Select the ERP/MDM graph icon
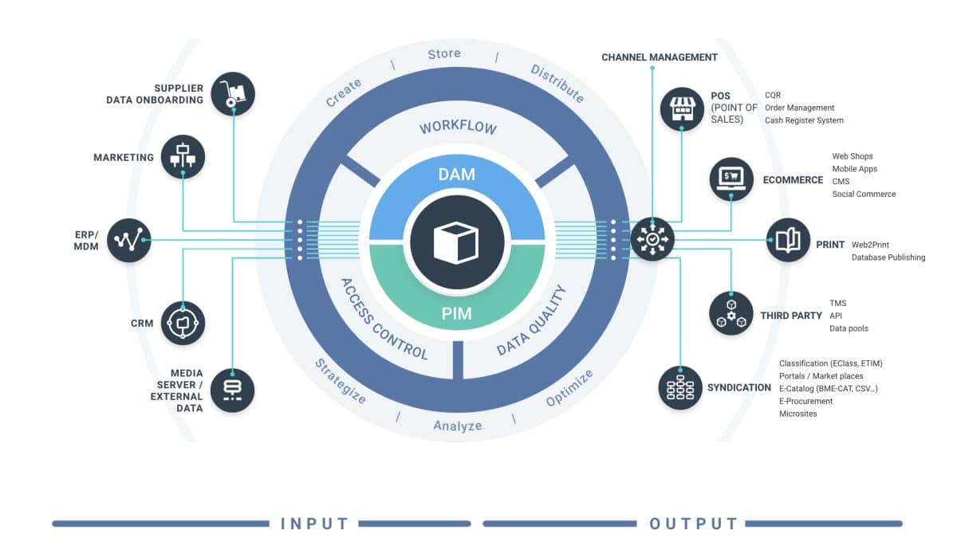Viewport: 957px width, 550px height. point(128,240)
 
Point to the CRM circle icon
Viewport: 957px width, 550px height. point(183,323)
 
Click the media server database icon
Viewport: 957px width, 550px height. point(232,390)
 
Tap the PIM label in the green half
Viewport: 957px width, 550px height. point(456,313)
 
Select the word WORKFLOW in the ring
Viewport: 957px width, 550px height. point(458,128)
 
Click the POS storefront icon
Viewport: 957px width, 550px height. point(682,108)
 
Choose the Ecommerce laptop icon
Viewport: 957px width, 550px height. point(731,178)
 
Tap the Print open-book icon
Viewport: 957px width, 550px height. point(788,240)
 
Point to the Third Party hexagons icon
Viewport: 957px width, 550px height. point(731,312)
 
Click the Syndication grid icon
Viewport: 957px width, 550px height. point(680,387)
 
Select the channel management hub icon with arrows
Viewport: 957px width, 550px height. point(652,239)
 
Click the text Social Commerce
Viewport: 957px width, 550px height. point(864,194)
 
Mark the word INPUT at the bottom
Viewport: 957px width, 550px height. point(315,524)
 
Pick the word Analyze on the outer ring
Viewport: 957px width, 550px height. point(457,426)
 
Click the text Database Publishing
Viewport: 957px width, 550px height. point(888,257)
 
